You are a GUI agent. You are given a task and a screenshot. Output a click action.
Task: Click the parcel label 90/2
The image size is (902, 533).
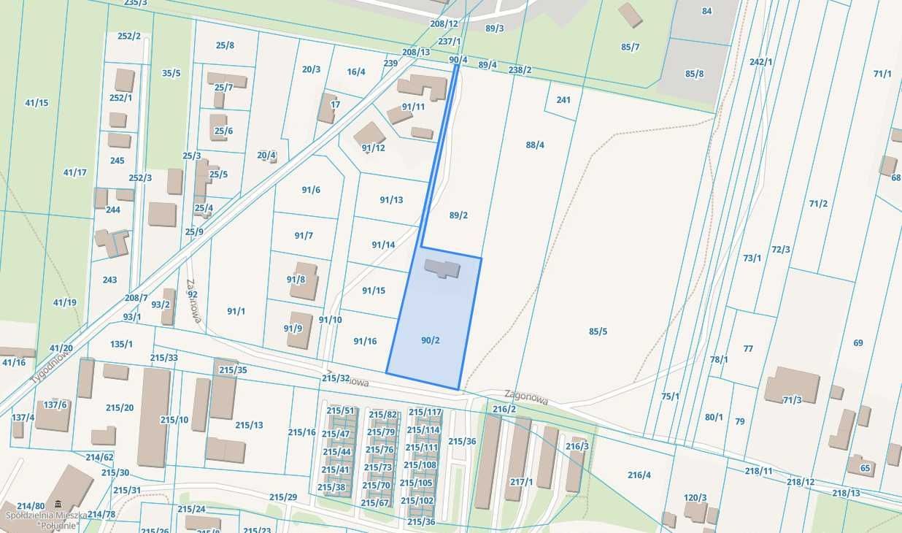click(431, 340)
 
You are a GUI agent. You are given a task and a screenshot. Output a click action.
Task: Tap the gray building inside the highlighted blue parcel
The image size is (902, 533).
click(442, 268)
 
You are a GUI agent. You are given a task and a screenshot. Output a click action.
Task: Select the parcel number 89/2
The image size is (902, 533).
click(458, 215)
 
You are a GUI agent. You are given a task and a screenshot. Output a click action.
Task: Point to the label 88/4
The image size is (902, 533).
click(535, 145)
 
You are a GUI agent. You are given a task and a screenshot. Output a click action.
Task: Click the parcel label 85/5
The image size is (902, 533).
click(598, 331)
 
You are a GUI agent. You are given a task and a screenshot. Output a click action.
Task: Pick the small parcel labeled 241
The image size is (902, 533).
click(563, 100)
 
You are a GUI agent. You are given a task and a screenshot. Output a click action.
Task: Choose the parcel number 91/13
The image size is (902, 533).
click(391, 200)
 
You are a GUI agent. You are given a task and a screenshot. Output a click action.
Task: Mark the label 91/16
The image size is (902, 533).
click(365, 341)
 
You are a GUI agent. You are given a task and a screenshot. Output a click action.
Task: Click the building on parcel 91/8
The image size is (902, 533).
click(304, 281)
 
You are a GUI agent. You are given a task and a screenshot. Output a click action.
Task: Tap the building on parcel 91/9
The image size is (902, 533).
click(300, 330)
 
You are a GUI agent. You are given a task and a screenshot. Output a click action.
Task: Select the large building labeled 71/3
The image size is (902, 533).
click(792, 386)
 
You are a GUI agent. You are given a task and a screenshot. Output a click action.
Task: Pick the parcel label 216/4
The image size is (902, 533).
click(639, 475)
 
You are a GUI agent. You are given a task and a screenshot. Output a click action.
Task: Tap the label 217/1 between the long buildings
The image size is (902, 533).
click(521, 482)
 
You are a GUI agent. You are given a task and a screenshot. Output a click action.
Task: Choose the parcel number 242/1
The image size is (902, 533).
click(760, 62)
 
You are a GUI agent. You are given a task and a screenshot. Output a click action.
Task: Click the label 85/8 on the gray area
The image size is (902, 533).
click(694, 74)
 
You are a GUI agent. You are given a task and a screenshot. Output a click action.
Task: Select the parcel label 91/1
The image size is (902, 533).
click(236, 311)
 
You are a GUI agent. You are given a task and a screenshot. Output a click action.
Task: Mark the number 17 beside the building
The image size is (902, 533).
click(335, 104)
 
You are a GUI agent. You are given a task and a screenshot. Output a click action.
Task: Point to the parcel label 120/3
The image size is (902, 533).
click(695, 498)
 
